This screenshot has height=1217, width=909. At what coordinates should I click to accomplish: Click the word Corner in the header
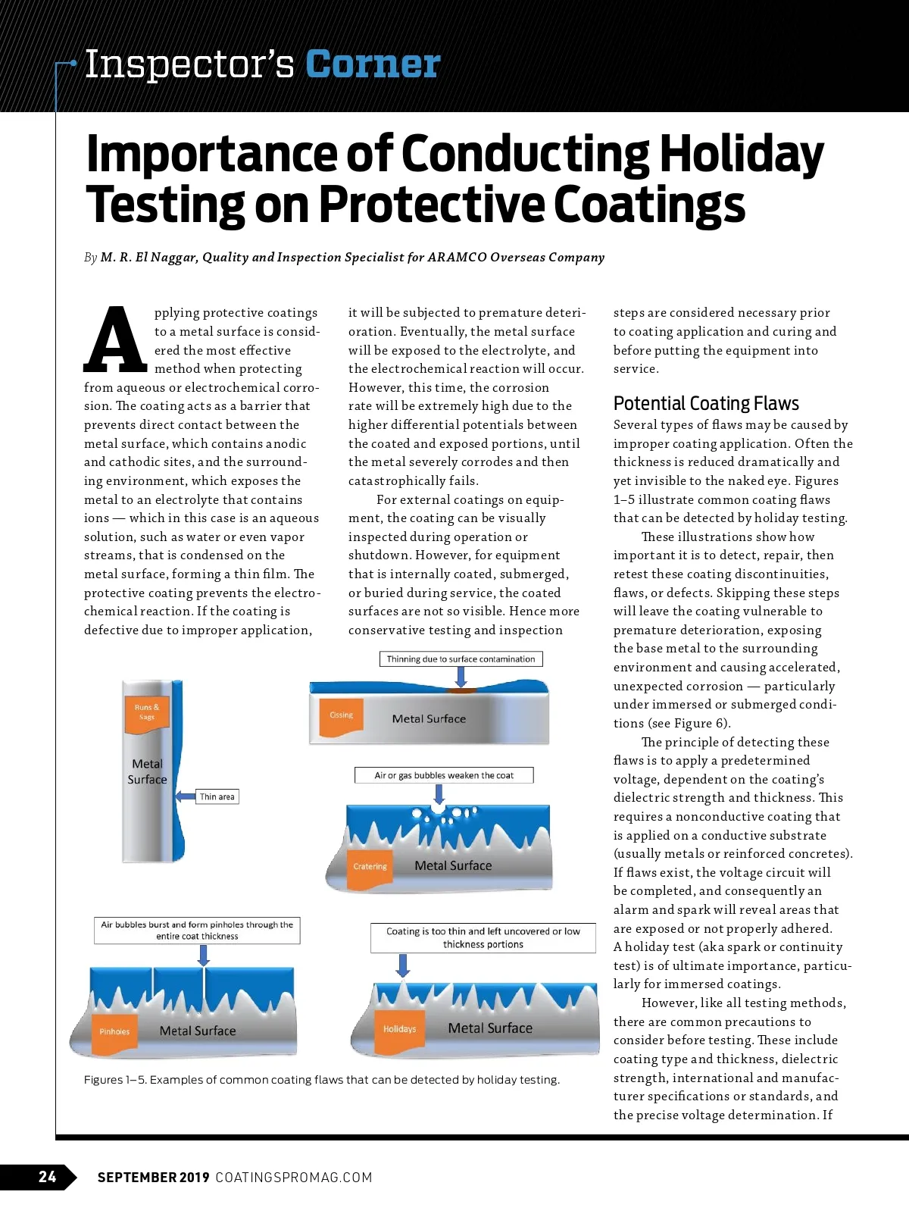click(373, 64)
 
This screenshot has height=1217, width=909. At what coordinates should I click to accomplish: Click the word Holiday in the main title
click(741, 154)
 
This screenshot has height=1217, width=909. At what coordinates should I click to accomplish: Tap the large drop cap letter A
click(115, 340)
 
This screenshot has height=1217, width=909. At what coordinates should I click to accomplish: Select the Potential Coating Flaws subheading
click(706, 403)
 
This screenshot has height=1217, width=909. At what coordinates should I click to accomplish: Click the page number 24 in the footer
click(47, 1176)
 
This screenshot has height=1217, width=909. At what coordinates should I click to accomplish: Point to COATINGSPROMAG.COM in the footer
click(294, 1177)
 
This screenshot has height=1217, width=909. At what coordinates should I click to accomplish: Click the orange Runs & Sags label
click(147, 712)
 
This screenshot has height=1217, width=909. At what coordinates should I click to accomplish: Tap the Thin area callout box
click(217, 796)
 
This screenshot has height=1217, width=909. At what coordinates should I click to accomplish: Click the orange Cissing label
click(342, 715)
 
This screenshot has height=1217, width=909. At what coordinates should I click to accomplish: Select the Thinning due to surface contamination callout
click(461, 659)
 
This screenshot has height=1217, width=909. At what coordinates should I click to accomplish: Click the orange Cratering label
click(370, 866)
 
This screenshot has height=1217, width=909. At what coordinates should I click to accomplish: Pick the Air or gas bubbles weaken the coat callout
click(444, 775)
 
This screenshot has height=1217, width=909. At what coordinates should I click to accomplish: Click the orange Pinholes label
click(114, 1031)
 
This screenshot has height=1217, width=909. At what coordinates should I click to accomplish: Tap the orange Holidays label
click(399, 1029)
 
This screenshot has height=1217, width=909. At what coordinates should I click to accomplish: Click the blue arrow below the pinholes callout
click(203, 955)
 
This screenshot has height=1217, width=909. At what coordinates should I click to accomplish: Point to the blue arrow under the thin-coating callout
click(403, 965)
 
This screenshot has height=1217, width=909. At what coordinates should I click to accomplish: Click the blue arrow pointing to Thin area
click(185, 796)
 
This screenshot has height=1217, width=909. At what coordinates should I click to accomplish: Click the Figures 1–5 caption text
click(322, 1079)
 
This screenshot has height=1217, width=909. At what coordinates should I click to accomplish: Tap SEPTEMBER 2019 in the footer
click(153, 1177)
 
